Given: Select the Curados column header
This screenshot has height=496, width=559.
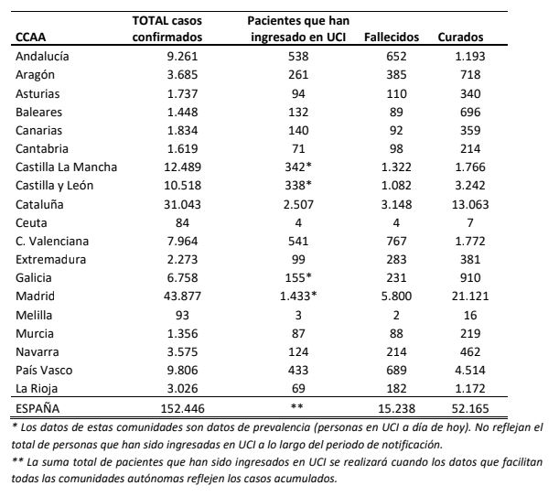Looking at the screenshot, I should pos(460,38).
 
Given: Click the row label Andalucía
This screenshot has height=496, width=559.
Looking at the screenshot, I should pos(45,57).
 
